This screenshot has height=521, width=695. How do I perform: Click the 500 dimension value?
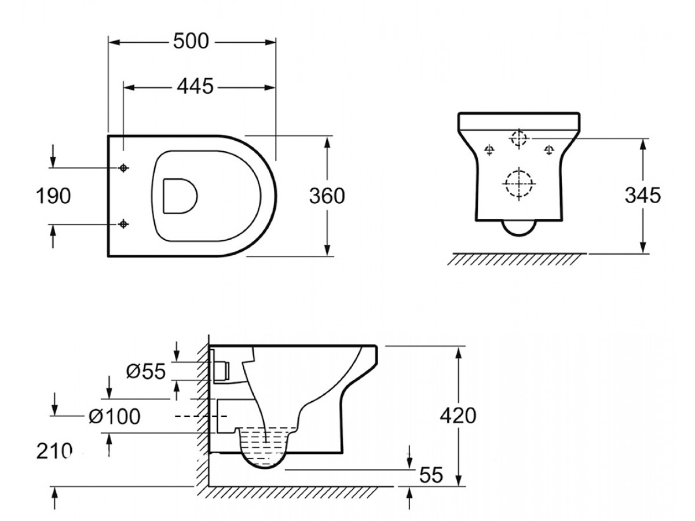point(191,41)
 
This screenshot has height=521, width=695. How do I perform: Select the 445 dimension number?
point(195,86)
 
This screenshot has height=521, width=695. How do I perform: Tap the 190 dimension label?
point(53,196)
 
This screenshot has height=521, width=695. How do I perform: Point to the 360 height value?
point(327,196)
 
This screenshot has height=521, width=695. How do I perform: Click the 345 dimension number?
point(643,195)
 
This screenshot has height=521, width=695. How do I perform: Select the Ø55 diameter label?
point(146,371)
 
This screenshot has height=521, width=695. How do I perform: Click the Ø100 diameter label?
point(115,416)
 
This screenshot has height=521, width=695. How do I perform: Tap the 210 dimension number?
point(54,451)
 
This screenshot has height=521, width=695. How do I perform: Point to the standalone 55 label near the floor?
point(431,475)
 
